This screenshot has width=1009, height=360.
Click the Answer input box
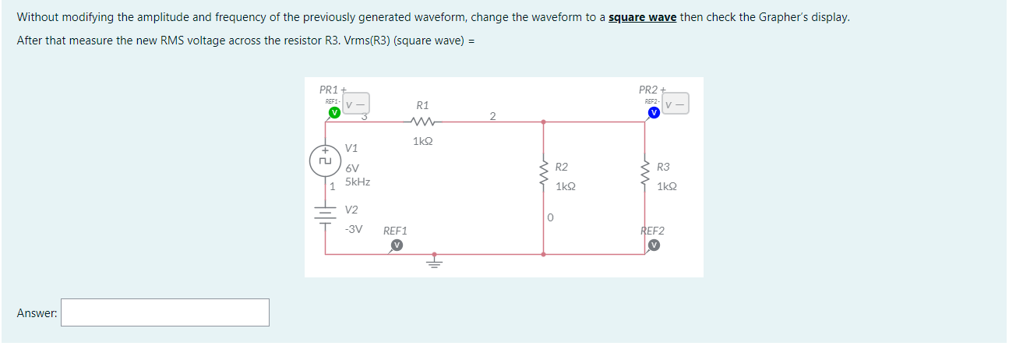[165, 312]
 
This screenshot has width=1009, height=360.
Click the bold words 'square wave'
[642, 17]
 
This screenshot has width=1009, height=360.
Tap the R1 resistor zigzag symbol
[422, 122]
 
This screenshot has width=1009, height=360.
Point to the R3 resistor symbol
[644, 176]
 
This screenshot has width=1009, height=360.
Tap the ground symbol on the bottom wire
[435, 262]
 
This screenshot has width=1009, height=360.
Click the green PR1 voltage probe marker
[334, 112]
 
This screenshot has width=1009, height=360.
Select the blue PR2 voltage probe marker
[654, 112]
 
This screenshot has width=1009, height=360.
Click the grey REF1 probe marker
[397, 245]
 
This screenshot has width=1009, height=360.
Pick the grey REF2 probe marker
[654, 245]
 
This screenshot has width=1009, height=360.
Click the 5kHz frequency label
[358, 182]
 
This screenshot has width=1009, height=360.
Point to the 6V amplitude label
[352, 168]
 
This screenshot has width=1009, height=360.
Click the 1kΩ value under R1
[422, 142]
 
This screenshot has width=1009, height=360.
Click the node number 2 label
[492, 117]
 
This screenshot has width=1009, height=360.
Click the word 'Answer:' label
[37, 313]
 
